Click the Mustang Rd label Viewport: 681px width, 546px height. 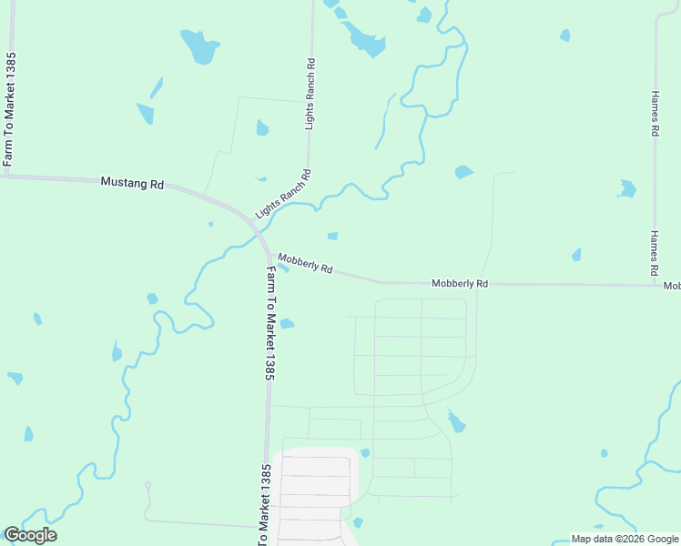coord(132,183)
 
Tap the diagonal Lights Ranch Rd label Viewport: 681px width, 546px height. coord(283,194)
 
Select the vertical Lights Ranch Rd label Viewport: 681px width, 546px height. coord(310,94)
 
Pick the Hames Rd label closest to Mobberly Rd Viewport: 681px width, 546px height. coord(654,253)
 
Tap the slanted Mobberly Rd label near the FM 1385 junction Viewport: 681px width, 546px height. coord(305,264)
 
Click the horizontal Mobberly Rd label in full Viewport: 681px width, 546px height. coord(460,284)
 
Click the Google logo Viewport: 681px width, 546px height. coord(30,535)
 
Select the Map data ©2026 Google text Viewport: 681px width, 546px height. coord(624,539)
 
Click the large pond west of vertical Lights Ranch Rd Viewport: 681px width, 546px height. coord(199,46)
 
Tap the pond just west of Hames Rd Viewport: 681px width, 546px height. coord(626,189)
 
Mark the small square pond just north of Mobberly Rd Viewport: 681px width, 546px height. coord(332,237)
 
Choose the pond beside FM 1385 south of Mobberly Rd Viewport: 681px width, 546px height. coord(287,323)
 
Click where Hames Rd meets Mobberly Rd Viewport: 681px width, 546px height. coord(656,285)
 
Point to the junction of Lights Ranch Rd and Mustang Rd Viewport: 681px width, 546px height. coord(252,224)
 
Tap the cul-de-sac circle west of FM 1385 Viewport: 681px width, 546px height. coord(147,485)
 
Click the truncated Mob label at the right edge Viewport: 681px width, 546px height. coord(672,286)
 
